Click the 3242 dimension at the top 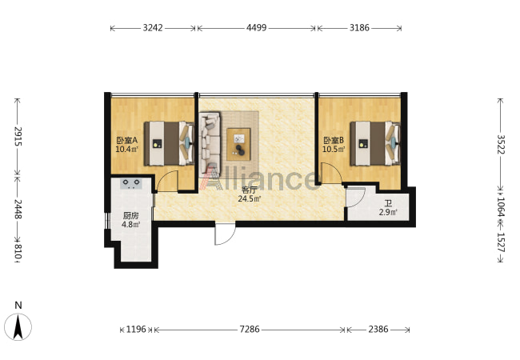click(x=153, y=28)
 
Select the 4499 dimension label click(x=256, y=28)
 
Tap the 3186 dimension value click(x=359, y=28)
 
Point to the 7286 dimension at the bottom click(x=250, y=329)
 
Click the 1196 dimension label click(x=136, y=329)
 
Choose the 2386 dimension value click(x=378, y=329)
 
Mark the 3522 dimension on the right click(x=501, y=144)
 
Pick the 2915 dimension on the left click(x=18, y=137)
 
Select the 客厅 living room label click(x=250, y=190)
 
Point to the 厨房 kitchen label click(x=130, y=216)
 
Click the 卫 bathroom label click(x=388, y=203)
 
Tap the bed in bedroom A click(x=169, y=143)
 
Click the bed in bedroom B click(x=375, y=143)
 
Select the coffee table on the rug click(x=238, y=144)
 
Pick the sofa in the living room click(x=210, y=145)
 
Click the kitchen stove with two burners click(x=131, y=183)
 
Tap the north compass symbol click(x=18, y=326)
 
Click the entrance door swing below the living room click(x=225, y=234)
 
